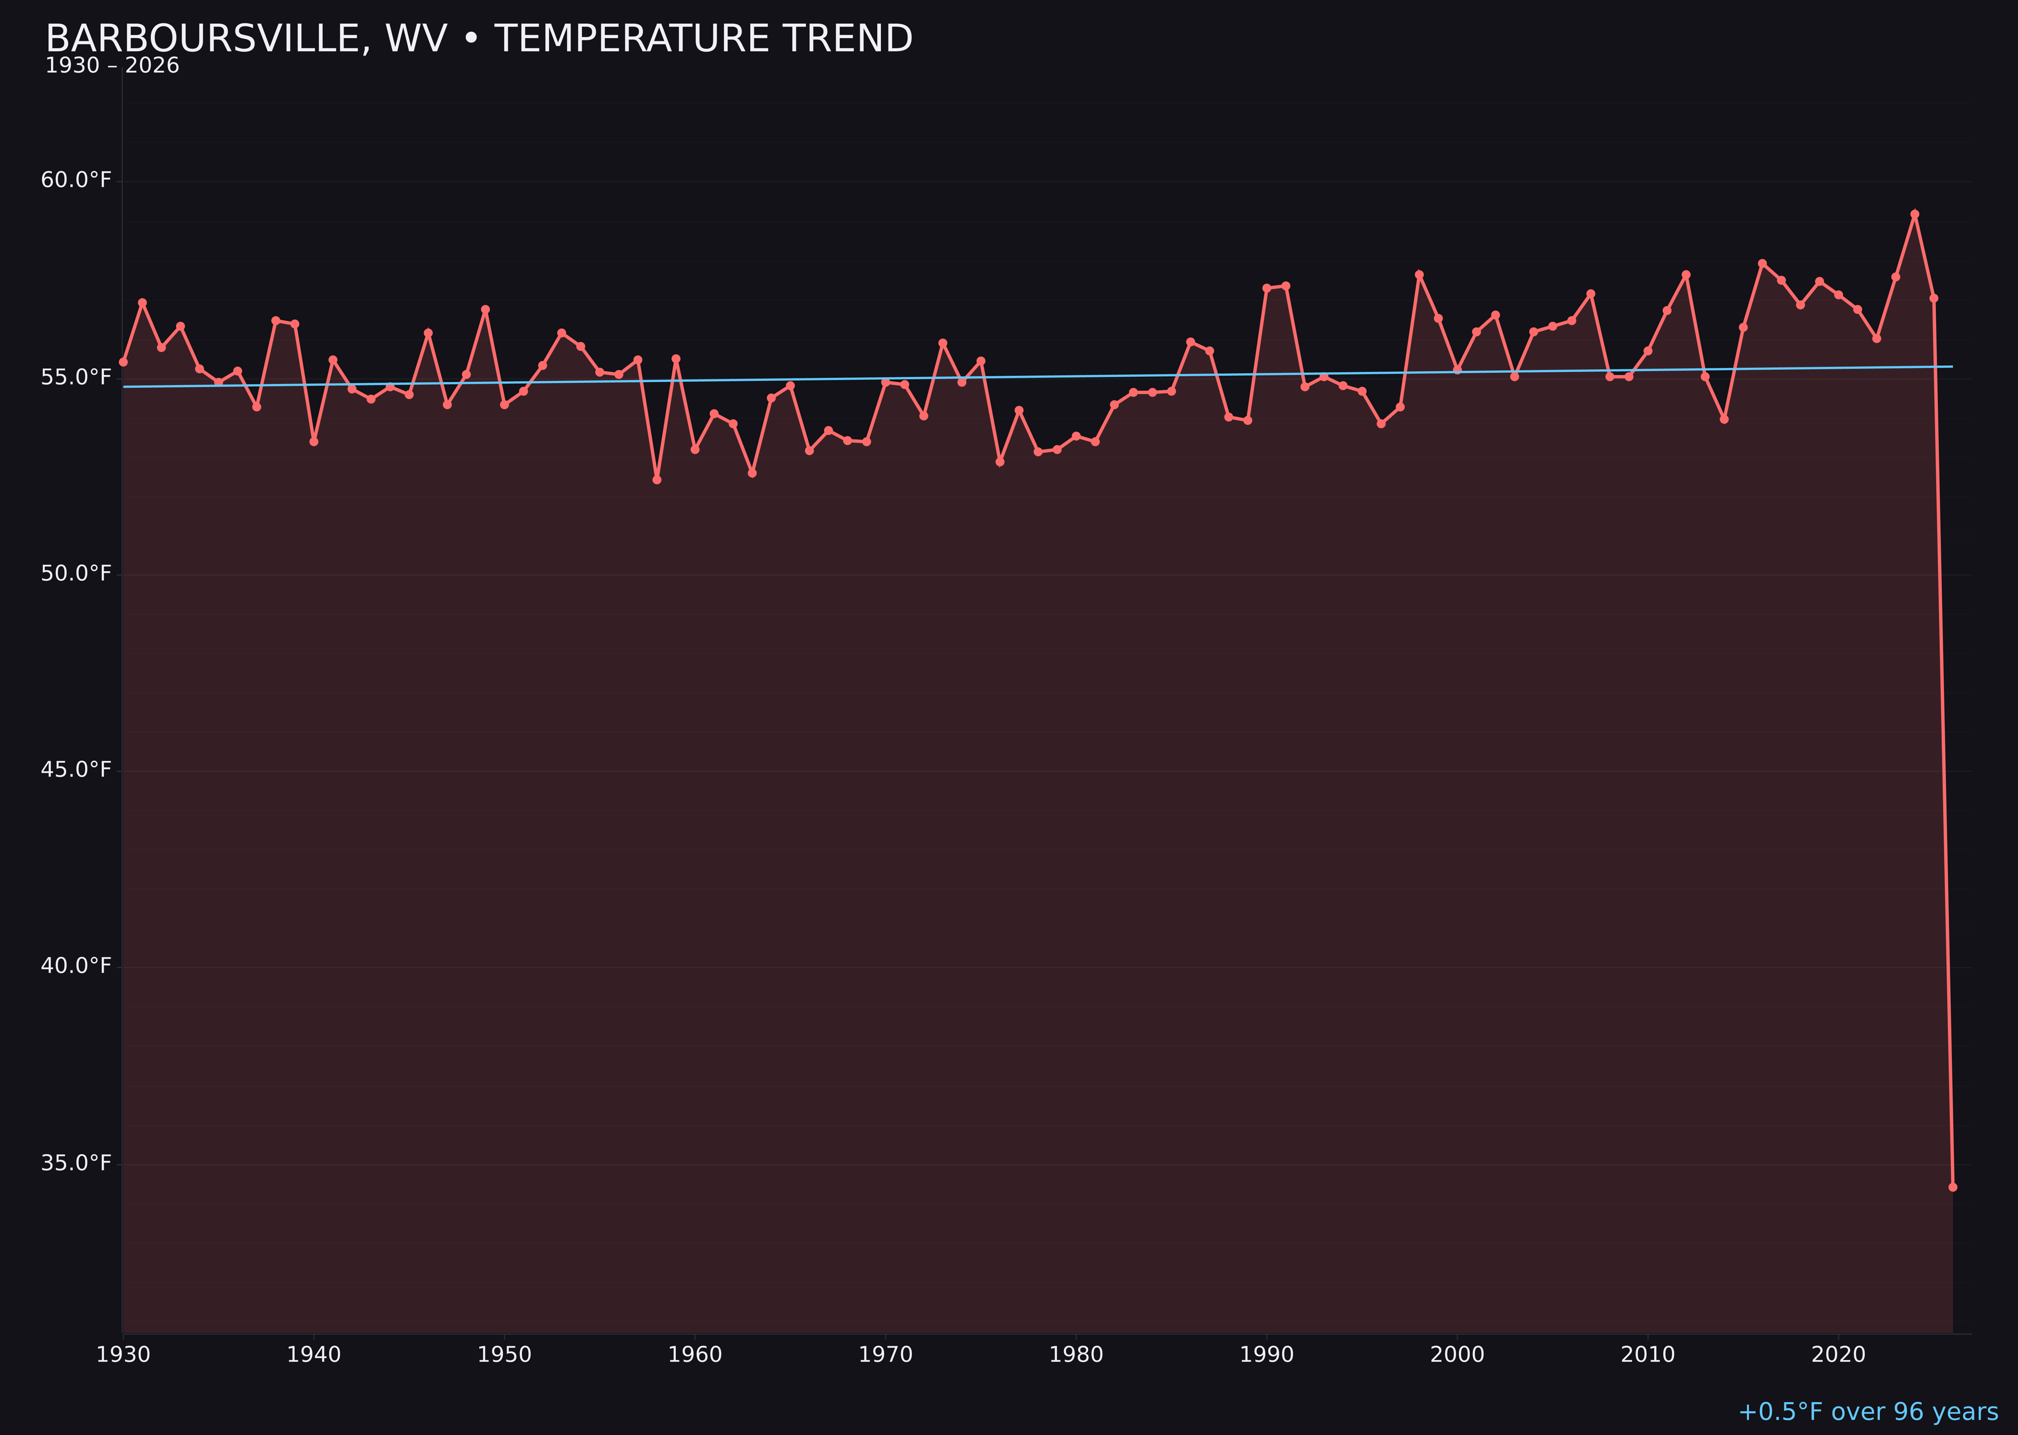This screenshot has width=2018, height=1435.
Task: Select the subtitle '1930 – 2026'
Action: (x=112, y=66)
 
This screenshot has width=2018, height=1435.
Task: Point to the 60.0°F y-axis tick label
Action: (x=76, y=180)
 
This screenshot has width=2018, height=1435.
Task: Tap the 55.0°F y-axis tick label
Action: (x=76, y=377)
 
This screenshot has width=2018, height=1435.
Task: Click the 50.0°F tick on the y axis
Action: (x=76, y=574)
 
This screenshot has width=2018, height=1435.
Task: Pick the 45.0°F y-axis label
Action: (x=76, y=769)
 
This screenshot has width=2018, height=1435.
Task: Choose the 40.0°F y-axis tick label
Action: (x=76, y=966)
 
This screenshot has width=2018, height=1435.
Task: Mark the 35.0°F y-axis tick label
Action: (x=76, y=1163)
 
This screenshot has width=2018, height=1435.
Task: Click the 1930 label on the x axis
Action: (x=123, y=1355)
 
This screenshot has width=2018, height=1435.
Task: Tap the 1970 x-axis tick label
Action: (x=885, y=1355)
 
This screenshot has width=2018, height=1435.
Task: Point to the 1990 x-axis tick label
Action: (x=1266, y=1355)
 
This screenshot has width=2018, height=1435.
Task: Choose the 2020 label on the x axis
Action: (x=1838, y=1355)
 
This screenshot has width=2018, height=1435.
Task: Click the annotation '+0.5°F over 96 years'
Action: (x=1868, y=1412)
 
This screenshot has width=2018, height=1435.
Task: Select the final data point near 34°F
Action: (x=1952, y=1187)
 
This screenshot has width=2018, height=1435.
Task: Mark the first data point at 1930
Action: (x=123, y=361)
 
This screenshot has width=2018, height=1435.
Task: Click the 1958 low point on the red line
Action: (x=656, y=479)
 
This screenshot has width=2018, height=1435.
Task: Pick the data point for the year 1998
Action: (x=1419, y=275)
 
